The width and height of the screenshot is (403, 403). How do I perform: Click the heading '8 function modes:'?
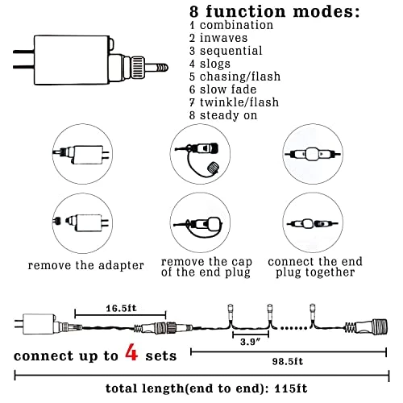tap(275, 12)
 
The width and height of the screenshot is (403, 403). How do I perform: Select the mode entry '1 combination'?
tap(231, 25)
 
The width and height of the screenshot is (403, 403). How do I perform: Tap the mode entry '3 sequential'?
tap(226, 51)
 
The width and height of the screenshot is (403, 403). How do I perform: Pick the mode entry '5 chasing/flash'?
tap(235, 77)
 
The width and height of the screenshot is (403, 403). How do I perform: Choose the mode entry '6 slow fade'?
tap(222, 89)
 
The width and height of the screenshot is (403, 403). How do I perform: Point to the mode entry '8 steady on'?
tap(223, 115)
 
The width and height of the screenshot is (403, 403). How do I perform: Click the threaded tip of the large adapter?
tap(161, 67)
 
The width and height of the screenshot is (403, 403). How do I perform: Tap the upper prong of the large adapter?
tap(23, 52)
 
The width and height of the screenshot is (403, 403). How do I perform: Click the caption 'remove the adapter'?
tap(86, 265)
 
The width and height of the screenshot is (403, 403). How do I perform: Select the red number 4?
tap(131, 352)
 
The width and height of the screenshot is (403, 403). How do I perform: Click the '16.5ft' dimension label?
tap(121, 308)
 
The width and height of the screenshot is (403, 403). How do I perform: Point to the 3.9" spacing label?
tap(251, 342)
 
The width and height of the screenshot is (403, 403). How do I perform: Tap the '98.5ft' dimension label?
tap(288, 361)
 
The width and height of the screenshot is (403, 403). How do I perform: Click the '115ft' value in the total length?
tap(291, 388)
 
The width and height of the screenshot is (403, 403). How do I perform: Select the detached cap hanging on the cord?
tap(214, 168)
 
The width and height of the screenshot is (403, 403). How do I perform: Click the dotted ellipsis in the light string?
tap(293, 328)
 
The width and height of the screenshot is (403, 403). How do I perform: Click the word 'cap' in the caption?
tap(242, 262)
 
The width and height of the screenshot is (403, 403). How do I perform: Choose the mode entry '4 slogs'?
tap(210, 64)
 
